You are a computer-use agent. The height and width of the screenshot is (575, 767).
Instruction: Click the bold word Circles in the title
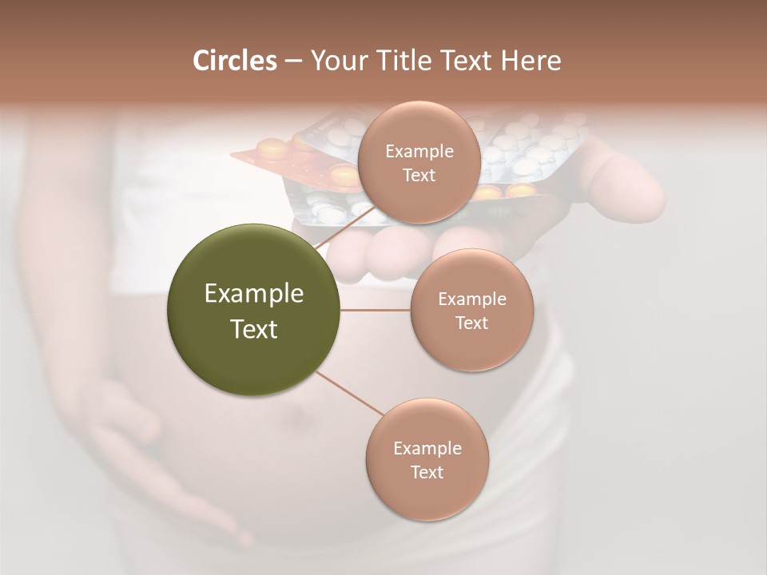(x=234, y=61)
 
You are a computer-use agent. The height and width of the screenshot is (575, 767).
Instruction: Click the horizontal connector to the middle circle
(x=376, y=310)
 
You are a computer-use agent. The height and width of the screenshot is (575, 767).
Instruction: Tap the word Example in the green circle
(x=254, y=294)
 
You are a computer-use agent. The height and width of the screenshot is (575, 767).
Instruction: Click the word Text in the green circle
(x=254, y=329)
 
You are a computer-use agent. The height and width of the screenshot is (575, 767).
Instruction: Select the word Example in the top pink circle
(x=419, y=152)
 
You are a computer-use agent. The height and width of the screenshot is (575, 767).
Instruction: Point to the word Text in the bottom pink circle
(x=427, y=472)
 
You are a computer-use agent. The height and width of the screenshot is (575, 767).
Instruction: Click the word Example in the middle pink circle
(x=472, y=299)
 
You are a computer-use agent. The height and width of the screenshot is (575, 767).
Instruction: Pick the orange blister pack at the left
(x=272, y=156)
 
